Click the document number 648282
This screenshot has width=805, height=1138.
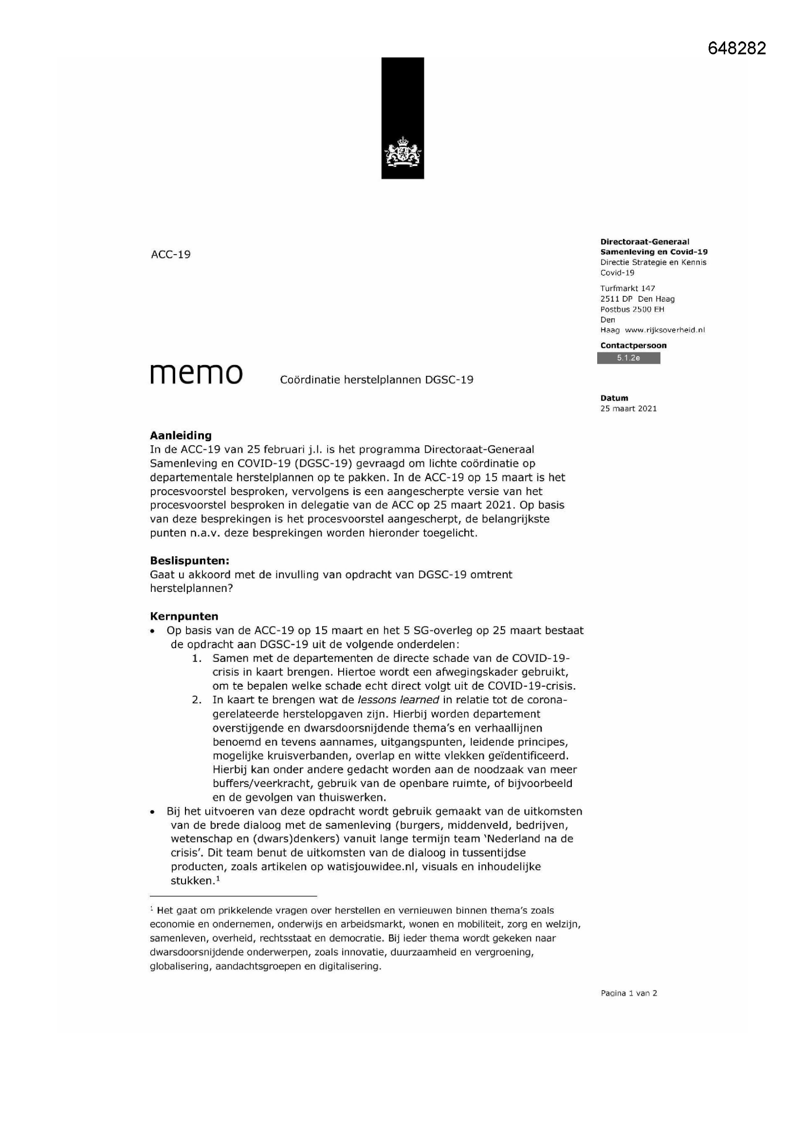(736, 48)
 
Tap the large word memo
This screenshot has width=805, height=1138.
(196, 374)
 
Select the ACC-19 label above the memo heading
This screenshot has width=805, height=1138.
(170, 255)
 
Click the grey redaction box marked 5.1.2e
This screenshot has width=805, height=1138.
(628, 358)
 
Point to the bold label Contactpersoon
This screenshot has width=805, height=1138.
(633, 346)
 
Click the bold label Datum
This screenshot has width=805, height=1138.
(614, 398)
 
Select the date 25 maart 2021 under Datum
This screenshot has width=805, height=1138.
(628, 408)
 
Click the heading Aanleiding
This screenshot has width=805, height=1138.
(181, 435)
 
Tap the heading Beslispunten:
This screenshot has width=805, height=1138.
(189, 561)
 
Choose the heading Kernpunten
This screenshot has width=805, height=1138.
(184, 617)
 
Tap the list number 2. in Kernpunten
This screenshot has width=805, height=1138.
(197, 700)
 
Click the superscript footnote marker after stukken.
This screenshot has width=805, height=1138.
(218, 878)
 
